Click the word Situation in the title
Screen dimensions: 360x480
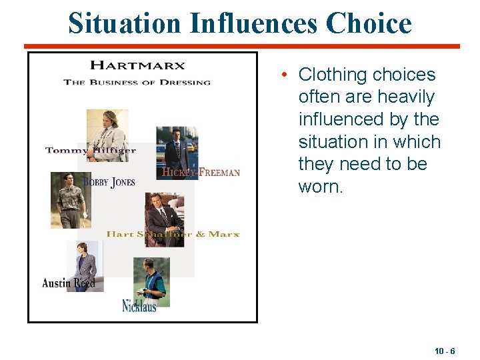tap(124, 23)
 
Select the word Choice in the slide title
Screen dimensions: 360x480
tap(369, 23)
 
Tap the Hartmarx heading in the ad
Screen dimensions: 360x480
tap(137, 65)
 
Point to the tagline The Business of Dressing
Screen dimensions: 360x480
tap(137, 82)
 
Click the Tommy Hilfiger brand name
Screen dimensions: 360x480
tap(90, 151)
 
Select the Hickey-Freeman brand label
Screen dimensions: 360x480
tap(201, 172)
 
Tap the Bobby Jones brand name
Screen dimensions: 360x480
tap(109, 182)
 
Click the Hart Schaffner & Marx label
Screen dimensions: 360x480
tap(173, 234)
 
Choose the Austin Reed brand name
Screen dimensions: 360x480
tap(69, 283)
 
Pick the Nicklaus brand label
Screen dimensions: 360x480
tap(139, 306)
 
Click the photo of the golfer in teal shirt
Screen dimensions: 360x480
tap(151, 280)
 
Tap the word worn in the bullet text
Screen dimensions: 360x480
tap(320, 187)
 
